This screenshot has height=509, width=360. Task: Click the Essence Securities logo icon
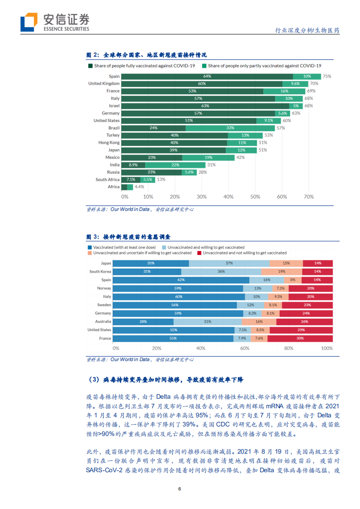(29, 21)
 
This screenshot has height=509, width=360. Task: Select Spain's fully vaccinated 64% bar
(207, 76)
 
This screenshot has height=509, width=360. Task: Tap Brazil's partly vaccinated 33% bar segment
(230, 128)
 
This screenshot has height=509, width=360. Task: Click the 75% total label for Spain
(327, 76)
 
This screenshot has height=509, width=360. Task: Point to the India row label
(114, 165)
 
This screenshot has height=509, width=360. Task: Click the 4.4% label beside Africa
(139, 187)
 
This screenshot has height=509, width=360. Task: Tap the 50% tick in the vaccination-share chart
(255, 197)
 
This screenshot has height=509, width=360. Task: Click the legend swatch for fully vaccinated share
(90, 66)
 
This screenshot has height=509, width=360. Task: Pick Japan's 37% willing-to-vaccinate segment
(229, 263)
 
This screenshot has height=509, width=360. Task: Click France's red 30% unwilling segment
(300, 338)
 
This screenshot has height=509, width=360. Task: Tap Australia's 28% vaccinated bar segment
(143, 322)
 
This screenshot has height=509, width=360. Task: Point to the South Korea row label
(100, 272)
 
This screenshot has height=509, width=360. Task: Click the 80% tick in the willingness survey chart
(289, 348)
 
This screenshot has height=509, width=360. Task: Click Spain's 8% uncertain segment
(293, 280)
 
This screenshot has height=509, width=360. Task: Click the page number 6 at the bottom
(180, 489)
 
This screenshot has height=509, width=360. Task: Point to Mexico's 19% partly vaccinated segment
(208, 157)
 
